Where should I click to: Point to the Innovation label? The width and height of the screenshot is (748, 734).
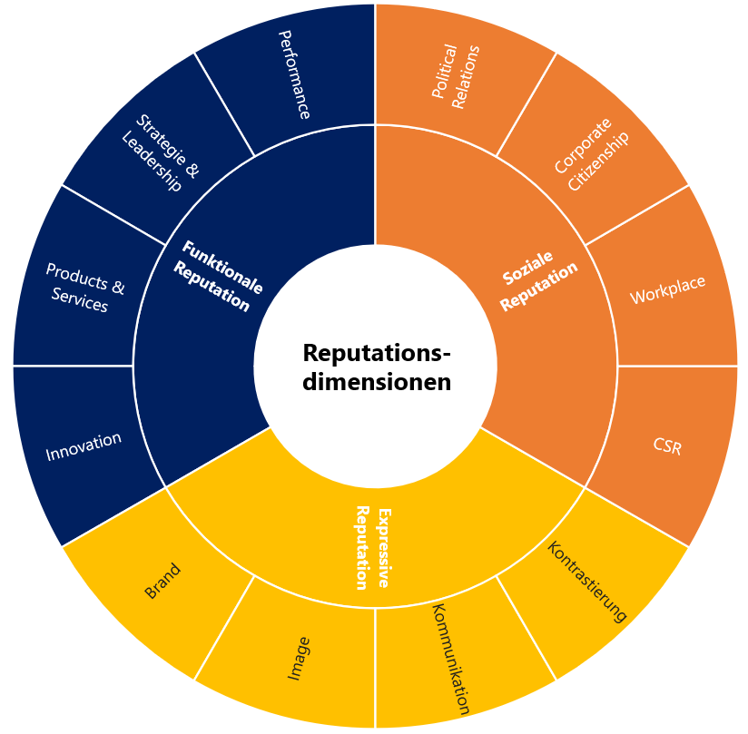84,445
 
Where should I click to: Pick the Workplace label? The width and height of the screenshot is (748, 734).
667,289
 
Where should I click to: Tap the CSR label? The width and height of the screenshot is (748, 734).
667,445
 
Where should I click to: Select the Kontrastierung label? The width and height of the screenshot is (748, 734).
587,581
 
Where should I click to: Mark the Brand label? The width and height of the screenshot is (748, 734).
162,581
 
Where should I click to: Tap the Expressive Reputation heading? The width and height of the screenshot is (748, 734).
373,547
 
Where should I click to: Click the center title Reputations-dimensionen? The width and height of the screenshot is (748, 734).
376,367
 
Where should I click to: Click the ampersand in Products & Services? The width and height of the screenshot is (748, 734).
117,286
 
